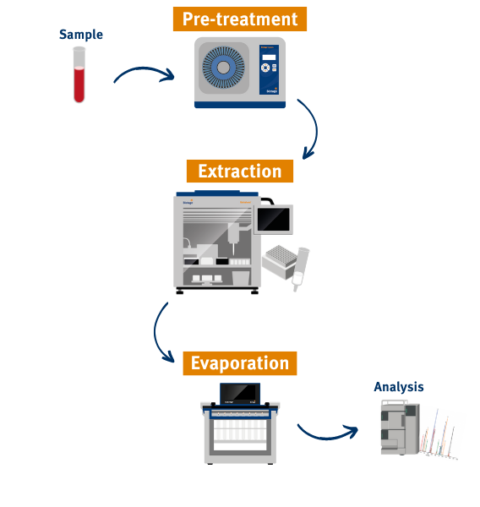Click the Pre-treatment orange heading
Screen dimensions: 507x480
[240, 19]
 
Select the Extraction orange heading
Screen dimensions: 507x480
[240, 172]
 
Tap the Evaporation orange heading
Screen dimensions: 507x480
[239, 363]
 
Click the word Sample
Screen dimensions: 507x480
[80, 35]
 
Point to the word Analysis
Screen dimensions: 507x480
[399, 387]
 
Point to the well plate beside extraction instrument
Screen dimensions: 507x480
[283, 256]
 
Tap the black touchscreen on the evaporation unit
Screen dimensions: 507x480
[239, 393]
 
